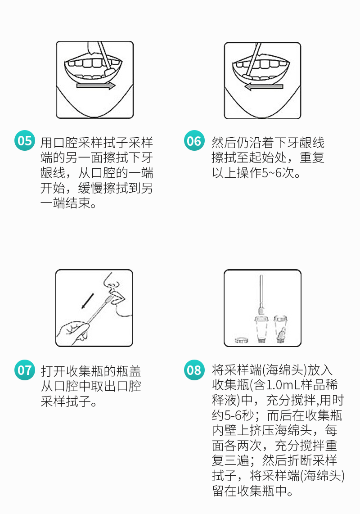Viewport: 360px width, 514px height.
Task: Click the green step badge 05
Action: click(25, 140)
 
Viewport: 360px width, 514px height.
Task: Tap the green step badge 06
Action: click(194, 140)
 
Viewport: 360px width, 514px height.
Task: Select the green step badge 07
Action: click(25, 370)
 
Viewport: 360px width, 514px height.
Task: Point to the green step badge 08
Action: click(194, 370)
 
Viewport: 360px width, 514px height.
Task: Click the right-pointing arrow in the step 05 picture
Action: click(96, 86)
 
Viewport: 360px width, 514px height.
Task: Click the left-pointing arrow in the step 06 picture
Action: click(264, 86)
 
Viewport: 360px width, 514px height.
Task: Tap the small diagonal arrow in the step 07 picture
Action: click(88, 301)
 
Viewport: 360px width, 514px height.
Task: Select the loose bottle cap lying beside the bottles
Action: click(241, 340)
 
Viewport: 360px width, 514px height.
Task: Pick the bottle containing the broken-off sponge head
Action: click(280, 329)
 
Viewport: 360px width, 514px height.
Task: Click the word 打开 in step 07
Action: click(54, 371)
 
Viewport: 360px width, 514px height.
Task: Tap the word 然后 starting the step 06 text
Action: click(224, 143)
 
